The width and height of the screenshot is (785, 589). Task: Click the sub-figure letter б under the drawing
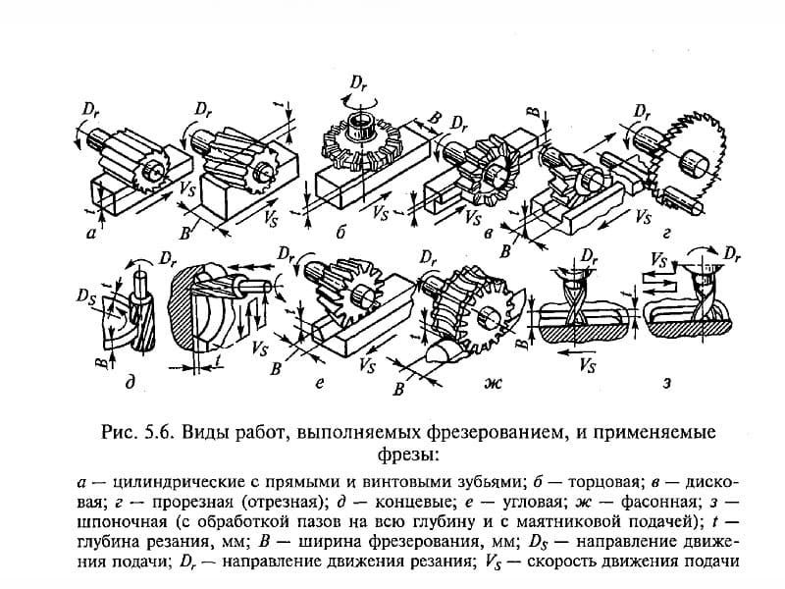[340, 234]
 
